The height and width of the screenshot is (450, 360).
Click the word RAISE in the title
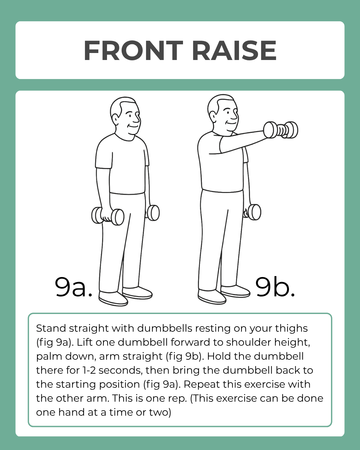234,51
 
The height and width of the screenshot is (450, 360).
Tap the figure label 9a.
73,287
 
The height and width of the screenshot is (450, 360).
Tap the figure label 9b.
275,287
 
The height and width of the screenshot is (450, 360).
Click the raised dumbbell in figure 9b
281,130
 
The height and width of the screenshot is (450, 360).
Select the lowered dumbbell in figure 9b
253,212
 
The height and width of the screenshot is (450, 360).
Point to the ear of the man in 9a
116,119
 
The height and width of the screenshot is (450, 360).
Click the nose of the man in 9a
137,118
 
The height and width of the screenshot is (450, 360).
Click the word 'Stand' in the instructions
51,328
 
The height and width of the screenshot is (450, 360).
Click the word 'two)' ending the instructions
160,412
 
